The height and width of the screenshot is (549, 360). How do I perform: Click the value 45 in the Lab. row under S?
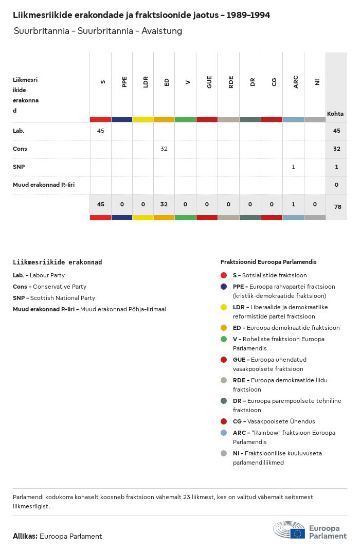(x=100, y=131)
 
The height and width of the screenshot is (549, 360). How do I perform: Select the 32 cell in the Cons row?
(x=164, y=149)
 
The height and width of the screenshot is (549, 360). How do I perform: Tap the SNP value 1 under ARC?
(x=293, y=167)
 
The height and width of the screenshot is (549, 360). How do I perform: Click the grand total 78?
(x=336, y=206)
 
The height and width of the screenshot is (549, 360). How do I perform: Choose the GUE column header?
(x=209, y=82)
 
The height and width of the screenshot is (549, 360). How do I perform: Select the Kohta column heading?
(x=335, y=114)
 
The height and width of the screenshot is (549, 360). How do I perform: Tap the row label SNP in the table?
(x=19, y=167)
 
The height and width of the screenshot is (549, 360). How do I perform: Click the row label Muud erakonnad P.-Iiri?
(x=44, y=184)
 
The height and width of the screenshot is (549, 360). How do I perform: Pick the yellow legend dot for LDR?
(x=223, y=307)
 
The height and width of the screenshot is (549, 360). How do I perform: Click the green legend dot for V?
(x=223, y=339)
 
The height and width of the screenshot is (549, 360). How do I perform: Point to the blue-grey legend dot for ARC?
(x=223, y=433)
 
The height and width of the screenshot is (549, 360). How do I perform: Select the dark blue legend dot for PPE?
(x=223, y=287)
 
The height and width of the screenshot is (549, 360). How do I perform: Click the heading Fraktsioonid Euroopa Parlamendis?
(x=268, y=262)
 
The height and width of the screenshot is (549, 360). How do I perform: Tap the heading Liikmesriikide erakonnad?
(x=57, y=262)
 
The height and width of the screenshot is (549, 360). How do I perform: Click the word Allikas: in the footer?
(x=25, y=536)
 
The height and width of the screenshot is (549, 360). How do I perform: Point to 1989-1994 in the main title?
(x=246, y=15)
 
